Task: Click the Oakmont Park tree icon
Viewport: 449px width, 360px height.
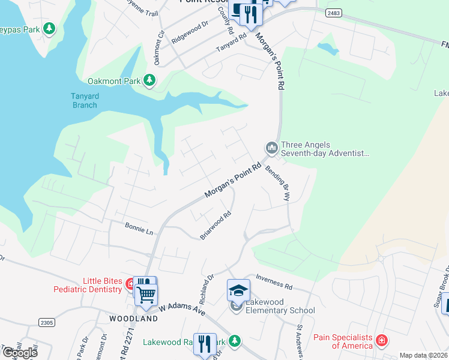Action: [149, 80]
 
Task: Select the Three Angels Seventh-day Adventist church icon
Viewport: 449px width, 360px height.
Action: [271, 147]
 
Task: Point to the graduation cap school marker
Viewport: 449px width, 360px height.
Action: [238, 290]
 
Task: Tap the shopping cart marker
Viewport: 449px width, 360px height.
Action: [146, 293]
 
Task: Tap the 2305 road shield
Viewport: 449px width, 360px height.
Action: [47, 323]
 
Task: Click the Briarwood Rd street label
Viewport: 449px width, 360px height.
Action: [216, 226]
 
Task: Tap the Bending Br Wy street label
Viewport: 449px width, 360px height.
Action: [279, 182]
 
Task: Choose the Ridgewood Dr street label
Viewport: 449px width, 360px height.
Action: [189, 32]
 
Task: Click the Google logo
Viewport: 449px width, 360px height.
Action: [20, 353]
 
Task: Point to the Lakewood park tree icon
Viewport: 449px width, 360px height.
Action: [236, 341]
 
